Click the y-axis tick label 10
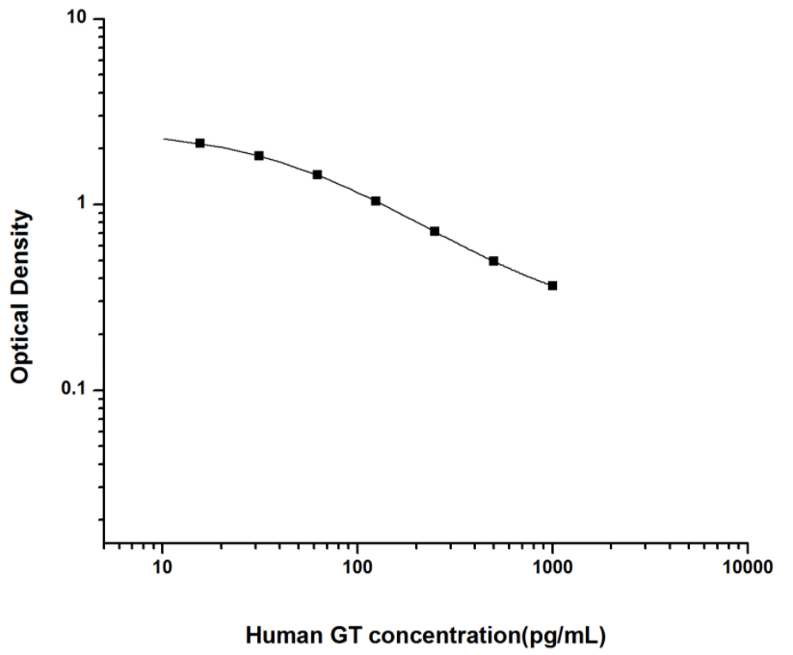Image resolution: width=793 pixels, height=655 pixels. (x=78, y=19)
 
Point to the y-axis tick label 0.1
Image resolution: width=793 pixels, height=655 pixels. (x=76, y=390)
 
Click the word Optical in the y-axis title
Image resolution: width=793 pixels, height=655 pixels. (x=19, y=342)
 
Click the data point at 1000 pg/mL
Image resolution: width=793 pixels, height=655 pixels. (x=552, y=285)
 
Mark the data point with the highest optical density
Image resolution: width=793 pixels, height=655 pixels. (x=200, y=143)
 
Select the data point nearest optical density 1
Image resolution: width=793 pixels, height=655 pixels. (x=376, y=200)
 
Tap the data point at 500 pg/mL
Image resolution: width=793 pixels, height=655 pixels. (x=493, y=261)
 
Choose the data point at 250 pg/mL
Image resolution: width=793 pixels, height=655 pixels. (x=435, y=231)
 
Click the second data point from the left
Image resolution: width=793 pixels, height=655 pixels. (x=259, y=155)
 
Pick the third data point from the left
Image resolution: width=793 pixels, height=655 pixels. (x=317, y=174)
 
